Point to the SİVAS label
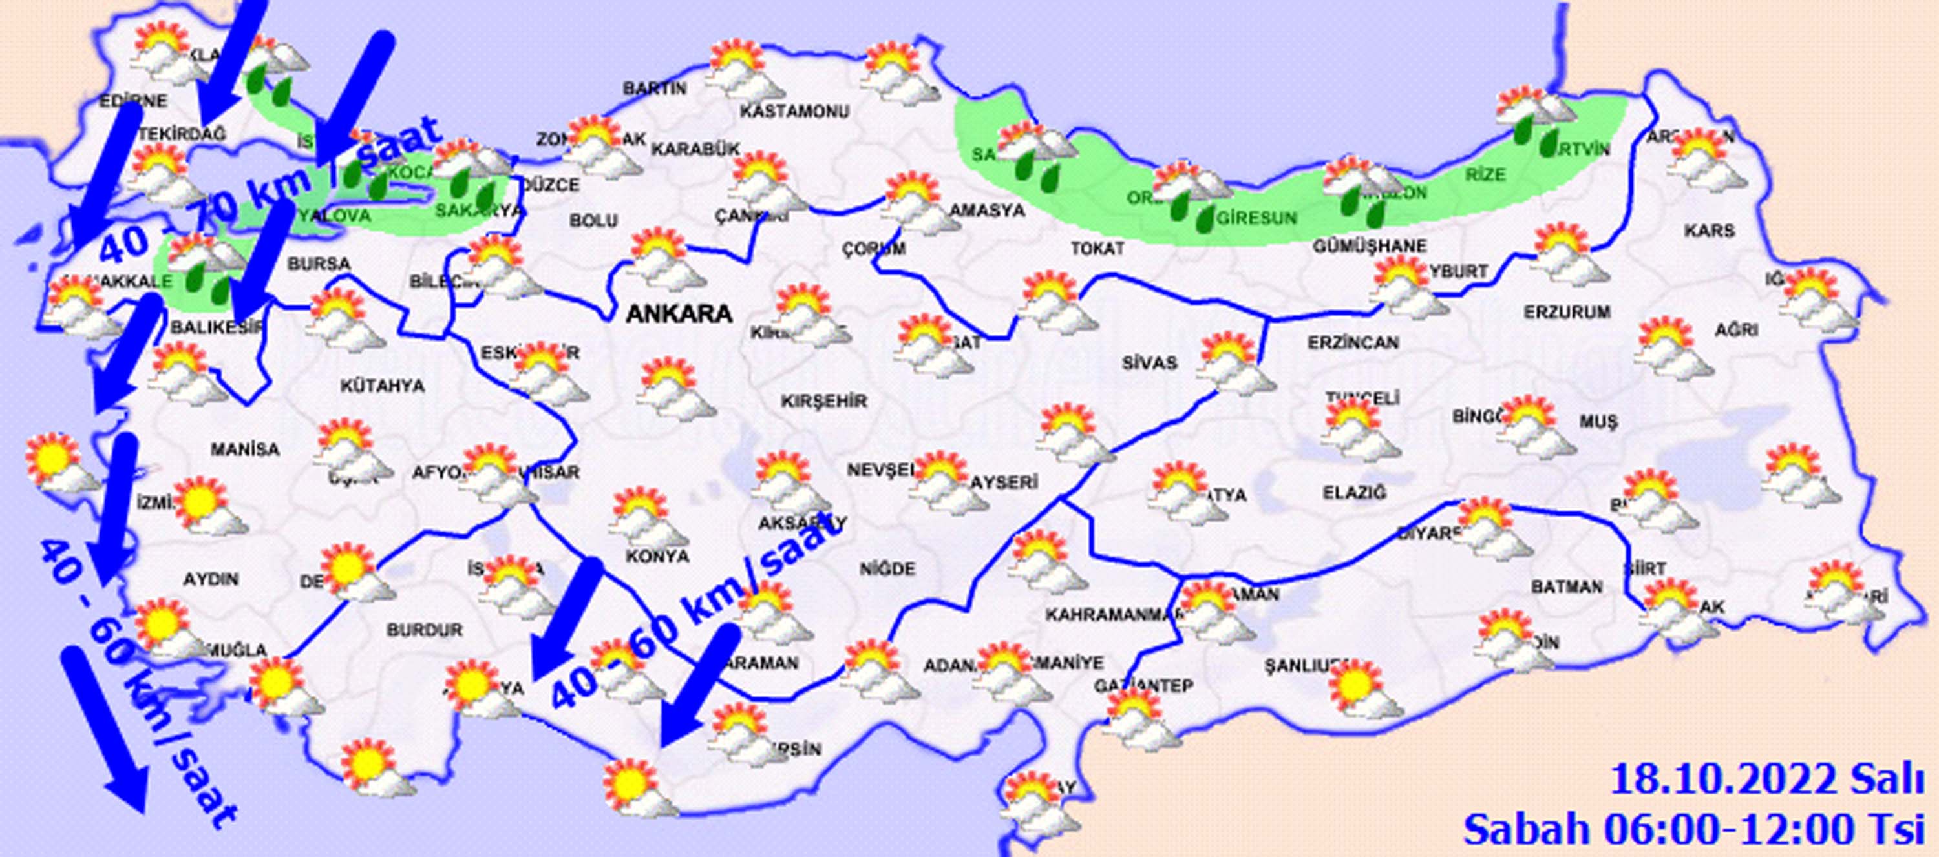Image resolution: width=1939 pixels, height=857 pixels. [1149, 364]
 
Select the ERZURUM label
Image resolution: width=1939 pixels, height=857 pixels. [1567, 311]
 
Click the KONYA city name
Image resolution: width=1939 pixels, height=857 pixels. [657, 556]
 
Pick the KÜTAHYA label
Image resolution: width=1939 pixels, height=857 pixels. [383, 387]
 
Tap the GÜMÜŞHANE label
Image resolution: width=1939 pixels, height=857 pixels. [1370, 246]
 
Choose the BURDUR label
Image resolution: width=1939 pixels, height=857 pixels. [424, 630]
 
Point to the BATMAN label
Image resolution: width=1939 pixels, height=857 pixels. [1567, 586]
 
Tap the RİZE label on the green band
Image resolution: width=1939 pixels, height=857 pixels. [1485, 175]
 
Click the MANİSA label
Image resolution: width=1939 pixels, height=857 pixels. [244, 450]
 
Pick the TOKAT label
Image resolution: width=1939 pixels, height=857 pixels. [1097, 248]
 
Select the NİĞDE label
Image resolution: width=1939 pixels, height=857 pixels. [887, 569]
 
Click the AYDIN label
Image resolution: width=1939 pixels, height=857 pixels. [211, 579]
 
